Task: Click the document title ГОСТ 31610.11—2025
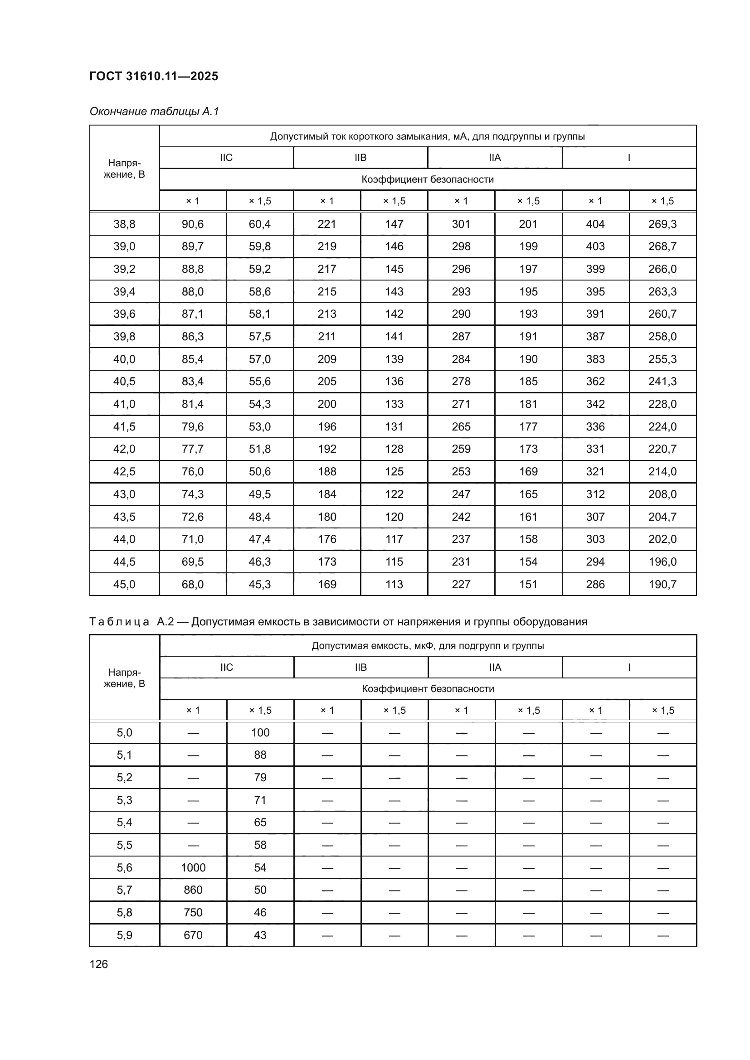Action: pyautogui.click(x=153, y=76)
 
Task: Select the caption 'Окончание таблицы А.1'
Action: pyautogui.click(x=154, y=111)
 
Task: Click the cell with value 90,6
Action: pyautogui.click(x=193, y=224)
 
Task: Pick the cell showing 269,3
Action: pyautogui.click(x=662, y=224)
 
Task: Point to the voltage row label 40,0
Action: pyautogui.click(x=124, y=359)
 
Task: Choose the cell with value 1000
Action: pyautogui.click(x=193, y=867)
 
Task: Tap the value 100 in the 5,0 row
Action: pyautogui.click(x=260, y=733)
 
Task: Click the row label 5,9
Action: pyautogui.click(x=124, y=935)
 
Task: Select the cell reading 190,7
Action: pyautogui.click(x=662, y=584)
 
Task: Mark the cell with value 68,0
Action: pyautogui.click(x=193, y=584)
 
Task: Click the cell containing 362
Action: pyautogui.click(x=595, y=381)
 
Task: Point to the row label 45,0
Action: pyautogui.click(x=124, y=584)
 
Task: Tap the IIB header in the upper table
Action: pyautogui.click(x=360, y=157)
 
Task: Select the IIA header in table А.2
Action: pyautogui.click(x=495, y=667)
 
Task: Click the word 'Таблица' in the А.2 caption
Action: pyautogui.click(x=119, y=622)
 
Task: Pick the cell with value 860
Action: pyautogui.click(x=193, y=890)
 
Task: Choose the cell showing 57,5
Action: pyautogui.click(x=259, y=336)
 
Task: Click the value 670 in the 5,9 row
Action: pyautogui.click(x=193, y=935)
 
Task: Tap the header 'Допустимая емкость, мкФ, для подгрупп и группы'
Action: pyautogui.click(x=428, y=645)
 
